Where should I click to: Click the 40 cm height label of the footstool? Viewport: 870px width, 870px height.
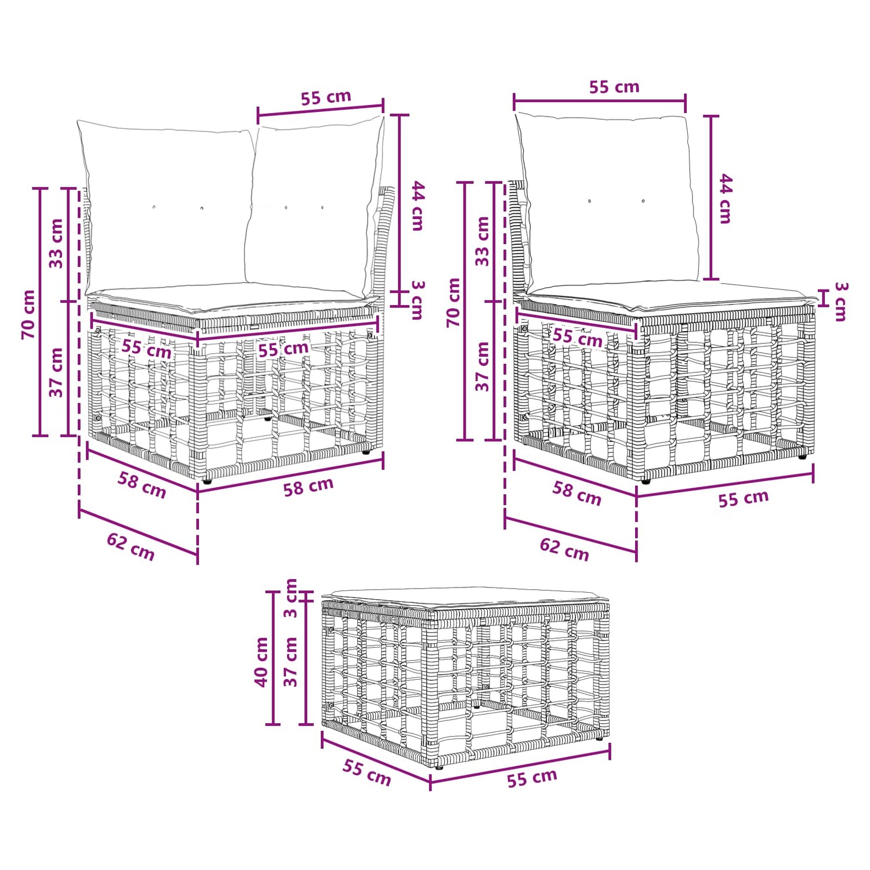coord(262,662)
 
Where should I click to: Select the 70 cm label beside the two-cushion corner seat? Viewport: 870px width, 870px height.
coord(28,314)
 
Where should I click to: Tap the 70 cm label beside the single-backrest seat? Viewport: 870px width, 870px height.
coord(454,302)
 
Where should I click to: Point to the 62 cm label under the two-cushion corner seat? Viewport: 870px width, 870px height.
coord(130,547)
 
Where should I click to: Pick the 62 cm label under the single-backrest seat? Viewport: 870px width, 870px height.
coord(564,549)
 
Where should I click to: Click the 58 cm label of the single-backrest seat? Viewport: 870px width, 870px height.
coord(577,493)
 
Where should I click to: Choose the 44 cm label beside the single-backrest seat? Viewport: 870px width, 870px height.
coord(726,198)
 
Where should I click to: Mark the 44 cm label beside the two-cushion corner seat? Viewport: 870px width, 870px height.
coord(418,206)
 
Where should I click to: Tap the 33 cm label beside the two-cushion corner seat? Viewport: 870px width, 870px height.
coord(56,243)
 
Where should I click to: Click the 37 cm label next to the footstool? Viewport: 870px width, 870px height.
coord(291,662)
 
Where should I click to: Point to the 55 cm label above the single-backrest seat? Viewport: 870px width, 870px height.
coord(614,87)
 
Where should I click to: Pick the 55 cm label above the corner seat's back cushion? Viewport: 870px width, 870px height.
coord(326,97)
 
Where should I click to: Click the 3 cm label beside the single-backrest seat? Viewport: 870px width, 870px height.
coord(841,302)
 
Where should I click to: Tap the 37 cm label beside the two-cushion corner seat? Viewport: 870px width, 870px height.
coord(56,372)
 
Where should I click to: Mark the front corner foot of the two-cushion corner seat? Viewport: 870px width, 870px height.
coord(207,481)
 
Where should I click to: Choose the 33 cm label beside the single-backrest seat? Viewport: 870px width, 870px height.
coord(483,241)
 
